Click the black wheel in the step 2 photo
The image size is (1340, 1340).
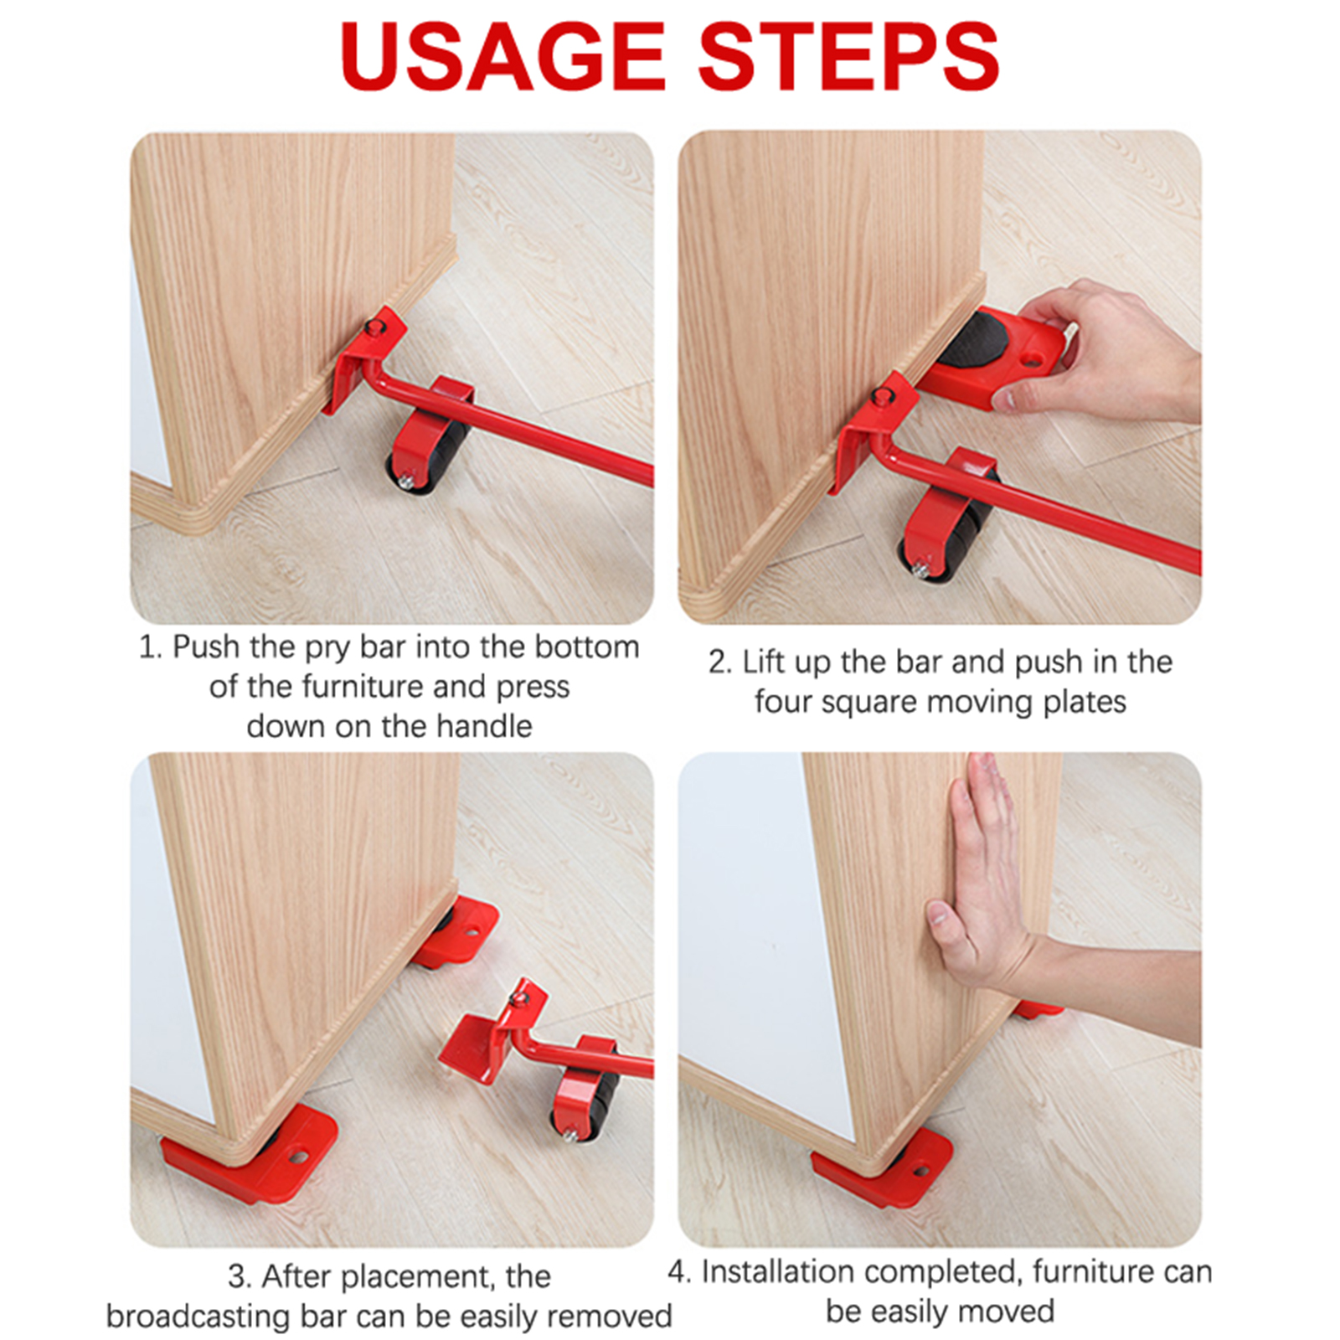pyautogui.click(x=946, y=537)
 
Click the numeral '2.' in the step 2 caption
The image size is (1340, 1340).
pyautogui.click(x=720, y=662)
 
